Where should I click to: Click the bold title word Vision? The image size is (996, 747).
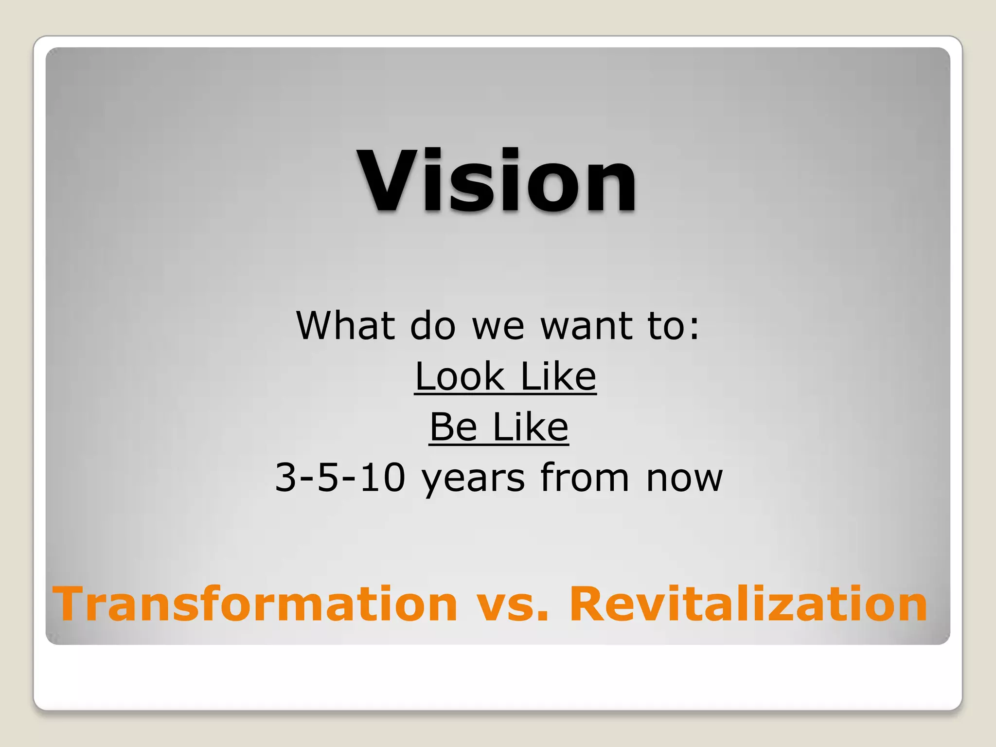(497, 180)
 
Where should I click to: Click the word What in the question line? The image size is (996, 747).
(345, 325)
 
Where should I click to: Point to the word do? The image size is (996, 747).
(432, 325)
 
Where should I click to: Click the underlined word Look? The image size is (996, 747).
(460, 376)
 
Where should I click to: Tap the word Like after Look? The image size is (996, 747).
(558, 376)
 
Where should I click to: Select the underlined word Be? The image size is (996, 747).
(453, 427)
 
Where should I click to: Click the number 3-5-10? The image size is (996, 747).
(340, 478)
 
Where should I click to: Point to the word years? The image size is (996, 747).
(473, 480)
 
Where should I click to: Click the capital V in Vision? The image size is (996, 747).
(390, 180)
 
